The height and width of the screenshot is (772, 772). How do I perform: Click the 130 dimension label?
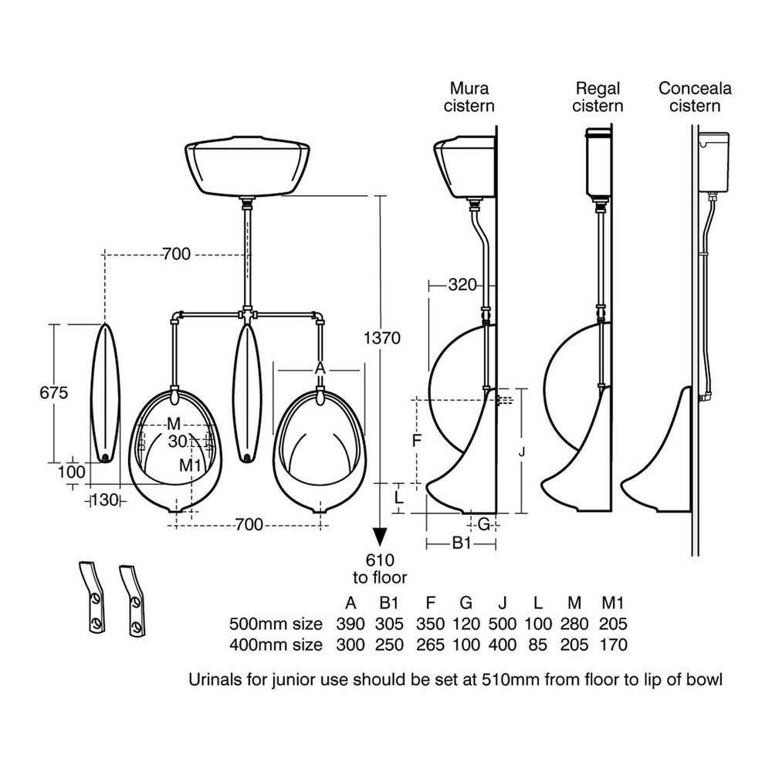click(x=106, y=499)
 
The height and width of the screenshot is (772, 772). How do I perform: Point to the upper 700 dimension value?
click(x=176, y=254)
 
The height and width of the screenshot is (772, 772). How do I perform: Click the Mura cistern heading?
click(x=469, y=96)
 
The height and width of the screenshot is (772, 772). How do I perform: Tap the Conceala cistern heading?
click(x=695, y=96)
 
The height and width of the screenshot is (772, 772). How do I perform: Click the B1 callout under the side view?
click(x=461, y=544)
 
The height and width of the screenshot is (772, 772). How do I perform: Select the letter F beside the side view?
click(x=416, y=441)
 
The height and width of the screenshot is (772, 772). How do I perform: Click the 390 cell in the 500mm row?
click(x=351, y=624)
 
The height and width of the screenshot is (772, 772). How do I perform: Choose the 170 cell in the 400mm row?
click(x=613, y=644)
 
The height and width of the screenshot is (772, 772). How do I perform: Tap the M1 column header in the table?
click(x=613, y=603)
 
